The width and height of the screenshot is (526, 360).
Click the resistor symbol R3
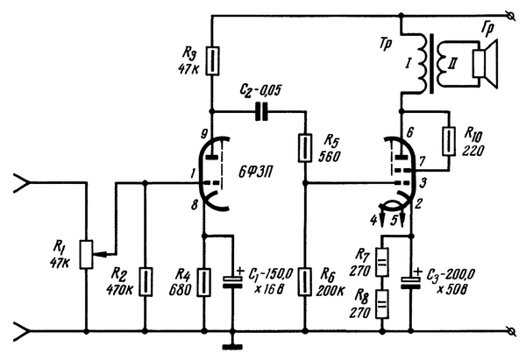tap(212, 60)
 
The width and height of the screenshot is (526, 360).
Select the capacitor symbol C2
tap(261, 111)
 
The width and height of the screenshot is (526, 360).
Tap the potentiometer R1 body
tap(86, 254)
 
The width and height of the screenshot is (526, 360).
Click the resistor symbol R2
tap(146, 282)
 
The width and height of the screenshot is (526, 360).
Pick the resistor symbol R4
tap(203, 282)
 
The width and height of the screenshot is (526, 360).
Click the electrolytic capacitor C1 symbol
tap(233, 281)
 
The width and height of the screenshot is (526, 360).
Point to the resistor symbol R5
tap(305, 148)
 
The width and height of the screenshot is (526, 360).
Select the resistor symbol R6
tap(305, 282)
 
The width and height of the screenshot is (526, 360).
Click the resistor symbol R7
tap(382, 262)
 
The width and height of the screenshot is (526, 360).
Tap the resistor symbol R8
tap(382, 304)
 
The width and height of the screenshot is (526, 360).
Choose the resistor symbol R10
tap(449, 141)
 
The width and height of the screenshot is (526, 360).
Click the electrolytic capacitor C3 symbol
tap(410, 281)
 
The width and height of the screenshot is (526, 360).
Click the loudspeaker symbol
tap(484, 64)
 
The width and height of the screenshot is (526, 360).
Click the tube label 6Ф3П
tap(255, 173)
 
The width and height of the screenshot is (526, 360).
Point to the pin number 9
tap(204, 134)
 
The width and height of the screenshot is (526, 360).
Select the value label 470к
tap(120, 290)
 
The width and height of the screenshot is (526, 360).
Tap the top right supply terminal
tap(511, 15)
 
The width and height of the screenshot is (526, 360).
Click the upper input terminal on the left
tap(21, 183)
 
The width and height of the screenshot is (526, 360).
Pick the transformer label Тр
tap(386, 45)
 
